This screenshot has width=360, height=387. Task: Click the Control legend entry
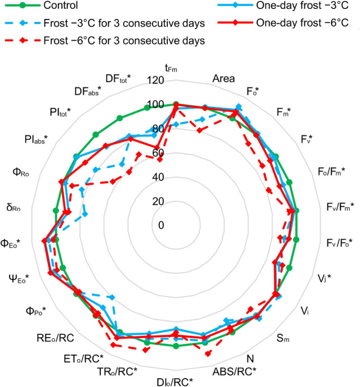(41, 6)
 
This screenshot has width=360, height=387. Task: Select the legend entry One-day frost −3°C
(283, 6)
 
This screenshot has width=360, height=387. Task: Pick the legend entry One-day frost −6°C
(283, 23)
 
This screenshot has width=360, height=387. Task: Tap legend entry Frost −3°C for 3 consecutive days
(105, 23)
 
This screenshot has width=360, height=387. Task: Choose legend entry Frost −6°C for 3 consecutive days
(105, 41)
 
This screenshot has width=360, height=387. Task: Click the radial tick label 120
(155, 80)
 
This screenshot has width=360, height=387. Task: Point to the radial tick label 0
(161, 225)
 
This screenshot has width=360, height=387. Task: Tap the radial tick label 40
(158, 177)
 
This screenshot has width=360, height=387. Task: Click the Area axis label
(223, 79)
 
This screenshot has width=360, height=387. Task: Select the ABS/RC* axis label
(234, 371)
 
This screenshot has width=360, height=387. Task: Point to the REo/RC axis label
(55, 338)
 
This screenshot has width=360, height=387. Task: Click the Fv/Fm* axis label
(340, 207)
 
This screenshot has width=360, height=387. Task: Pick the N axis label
(250, 359)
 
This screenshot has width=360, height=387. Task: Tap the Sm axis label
(283, 338)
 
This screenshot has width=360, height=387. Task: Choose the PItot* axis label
(60, 112)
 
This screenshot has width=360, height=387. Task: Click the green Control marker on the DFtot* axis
(147, 107)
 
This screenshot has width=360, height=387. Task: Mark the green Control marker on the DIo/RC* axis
(176, 346)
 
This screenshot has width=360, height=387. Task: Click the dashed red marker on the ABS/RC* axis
(208, 354)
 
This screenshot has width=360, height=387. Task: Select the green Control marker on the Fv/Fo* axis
(296, 239)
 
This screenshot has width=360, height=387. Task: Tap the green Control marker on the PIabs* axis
(76, 156)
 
